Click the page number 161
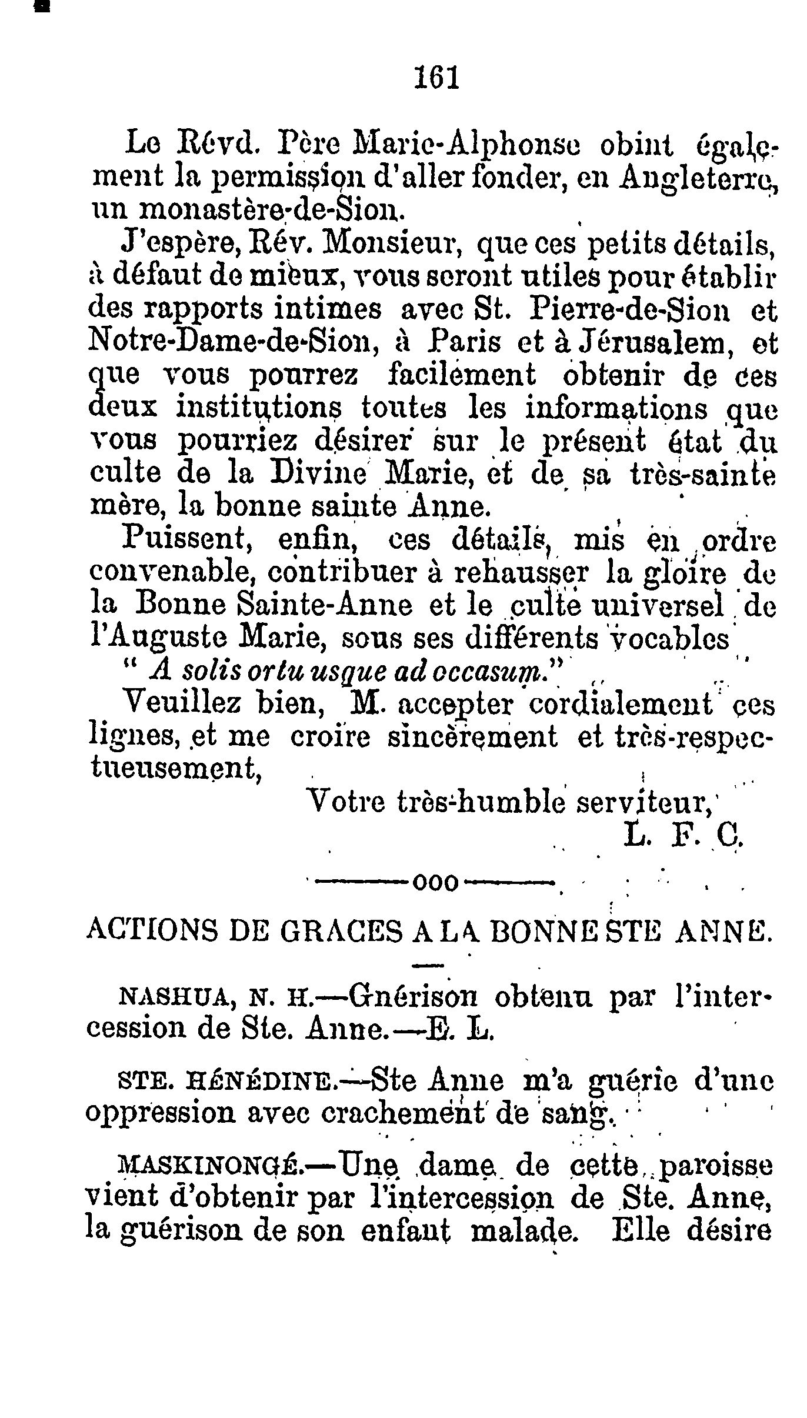click(436, 77)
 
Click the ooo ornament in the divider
click(436, 883)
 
